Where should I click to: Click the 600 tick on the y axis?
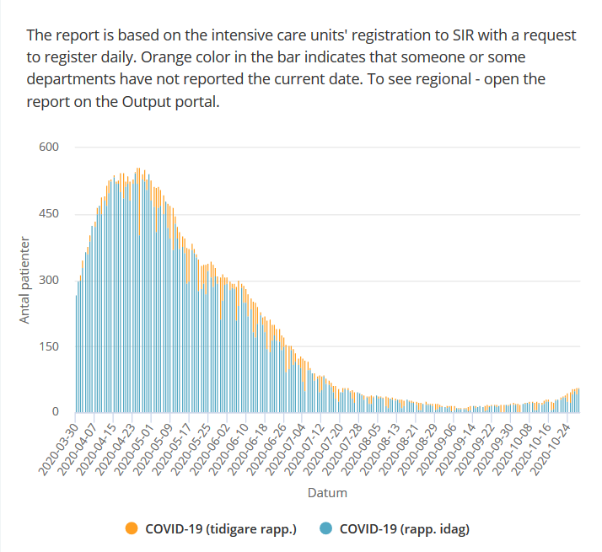pyautogui.click(x=48, y=147)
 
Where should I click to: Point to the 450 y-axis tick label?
pyautogui.click(x=48, y=214)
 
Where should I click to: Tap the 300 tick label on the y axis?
pyautogui.click(x=48, y=280)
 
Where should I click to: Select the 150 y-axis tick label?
pyautogui.click(x=48, y=346)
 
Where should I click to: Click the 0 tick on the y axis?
pyautogui.click(x=55, y=412)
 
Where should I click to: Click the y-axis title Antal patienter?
pyautogui.click(x=25, y=280)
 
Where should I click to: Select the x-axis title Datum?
pyautogui.click(x=326, y=493)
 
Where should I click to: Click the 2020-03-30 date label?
pyautogui.click(x=56, y=447)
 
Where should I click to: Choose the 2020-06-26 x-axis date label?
pyautogui.click(x=265, y=447)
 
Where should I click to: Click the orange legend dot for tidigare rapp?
pyautogui.click(x=132, y=529)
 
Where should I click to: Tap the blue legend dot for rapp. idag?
pyautogui.click(x=325, y=529)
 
